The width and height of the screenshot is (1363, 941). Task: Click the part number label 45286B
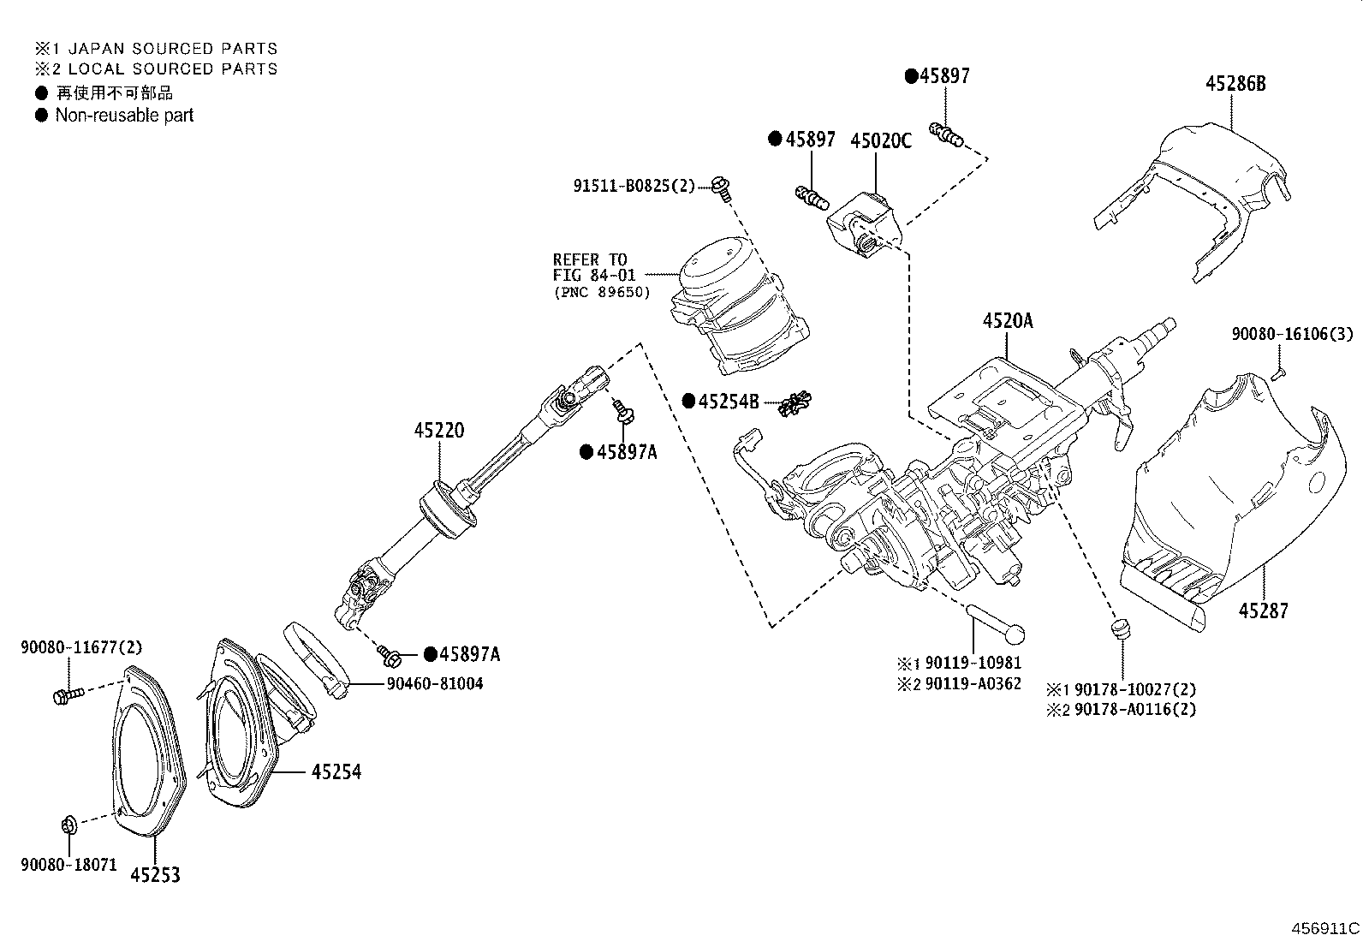click(x=1235, y=83)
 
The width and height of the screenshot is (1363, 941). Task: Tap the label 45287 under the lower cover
click(x=1263, y=610)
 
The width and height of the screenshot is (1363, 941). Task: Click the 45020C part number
click(x=880, y=140)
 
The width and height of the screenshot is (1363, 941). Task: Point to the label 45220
click(x=439, y=430)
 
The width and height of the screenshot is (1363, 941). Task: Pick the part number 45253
click(x=155, y=874)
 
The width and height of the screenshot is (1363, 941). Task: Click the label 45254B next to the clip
click(x=728, y=401)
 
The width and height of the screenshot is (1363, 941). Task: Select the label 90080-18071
click(x=68, y=865)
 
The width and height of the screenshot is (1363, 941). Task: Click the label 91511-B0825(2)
click(x=634, y=185)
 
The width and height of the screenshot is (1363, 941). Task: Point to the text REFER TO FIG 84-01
click(x=590, y=266)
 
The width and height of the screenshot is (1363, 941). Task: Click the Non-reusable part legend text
click(x=124, y=115)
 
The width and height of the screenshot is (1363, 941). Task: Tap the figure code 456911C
click(x=1325, y=927)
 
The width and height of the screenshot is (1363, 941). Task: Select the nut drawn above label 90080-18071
click(x=69, y=825)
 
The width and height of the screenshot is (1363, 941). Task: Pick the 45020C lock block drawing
click(x=865, y=225)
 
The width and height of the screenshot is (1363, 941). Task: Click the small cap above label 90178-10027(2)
click(x=1118, y=630)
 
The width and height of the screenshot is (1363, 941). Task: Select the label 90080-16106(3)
click(x=1292, y=334)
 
